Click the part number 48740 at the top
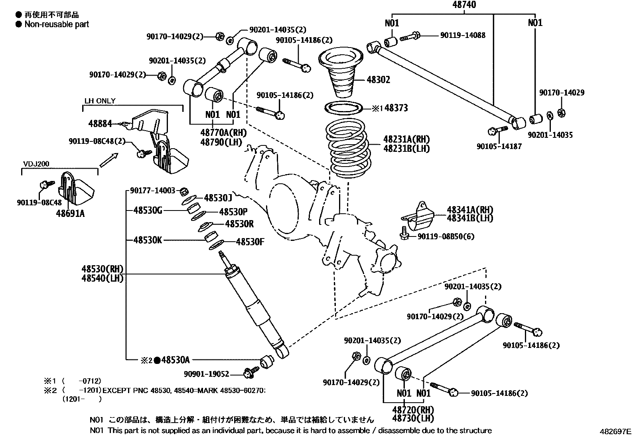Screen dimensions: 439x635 [x=464, y=5]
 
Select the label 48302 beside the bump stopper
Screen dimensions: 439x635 [x=378, y=80]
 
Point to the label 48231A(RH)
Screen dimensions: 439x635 [x=406, y=139]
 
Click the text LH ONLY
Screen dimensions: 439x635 [x=100, y=101]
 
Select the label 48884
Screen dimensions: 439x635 [x=100, y=124]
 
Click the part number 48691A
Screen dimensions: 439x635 [x=70, y=214]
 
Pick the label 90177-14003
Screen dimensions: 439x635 [x=153, y=191]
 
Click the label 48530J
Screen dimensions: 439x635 [x=218, y=197]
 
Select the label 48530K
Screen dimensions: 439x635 [x=148, y=240]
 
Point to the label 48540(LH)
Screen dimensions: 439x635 [x=103, y=278]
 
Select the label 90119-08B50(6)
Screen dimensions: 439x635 [x=446, y=236]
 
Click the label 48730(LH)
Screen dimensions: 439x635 [x=413, y=418]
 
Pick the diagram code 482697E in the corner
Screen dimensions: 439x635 [x=616, y=432]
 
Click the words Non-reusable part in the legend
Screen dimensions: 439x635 [x=57, y=24]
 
